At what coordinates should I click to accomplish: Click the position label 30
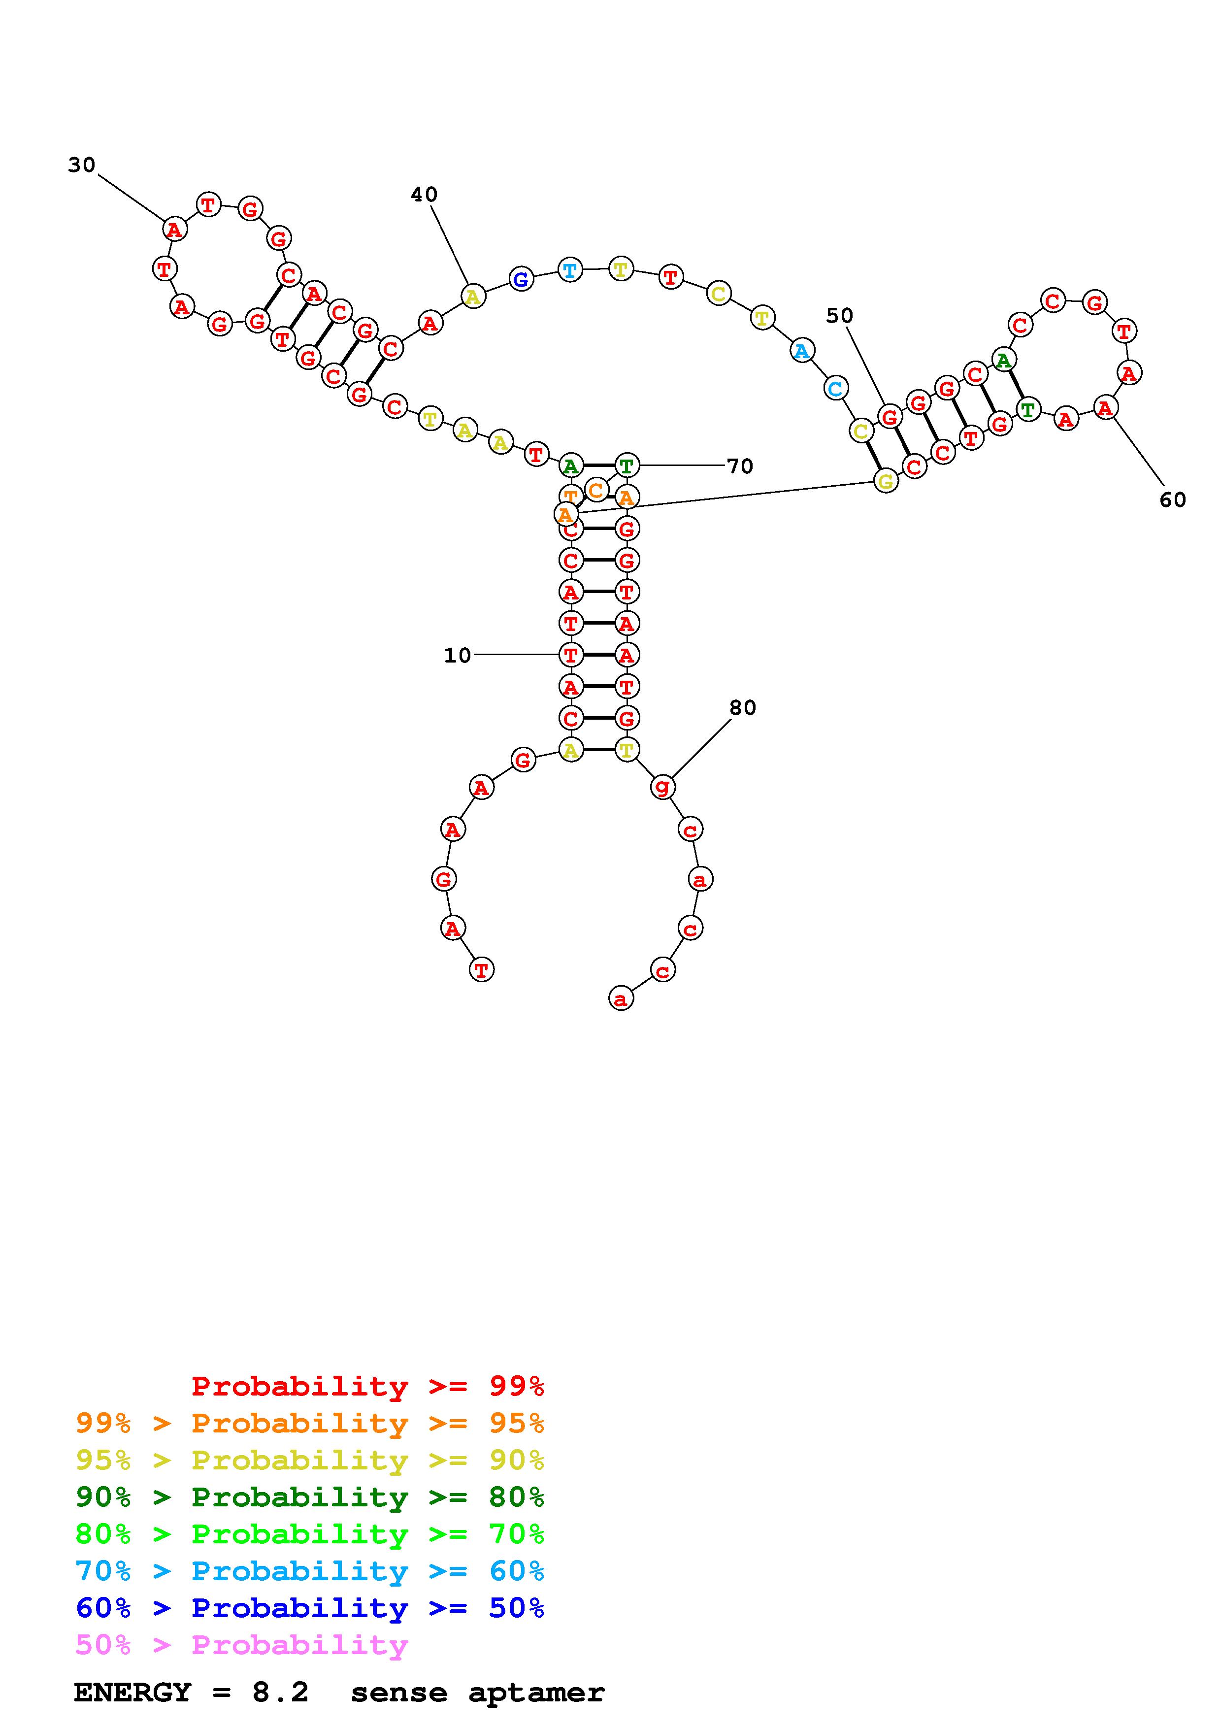point(81,165)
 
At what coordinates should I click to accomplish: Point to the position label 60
point(1172,500)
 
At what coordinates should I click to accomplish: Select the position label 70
point(739,466)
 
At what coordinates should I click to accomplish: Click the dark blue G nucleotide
point(521,280)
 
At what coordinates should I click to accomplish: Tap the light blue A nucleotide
point(802,351)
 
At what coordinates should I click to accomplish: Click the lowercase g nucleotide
point(662,787)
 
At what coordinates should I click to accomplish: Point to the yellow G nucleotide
point(886,481)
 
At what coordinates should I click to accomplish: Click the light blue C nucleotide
point(835,388)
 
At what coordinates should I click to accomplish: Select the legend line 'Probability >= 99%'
point(368,1386)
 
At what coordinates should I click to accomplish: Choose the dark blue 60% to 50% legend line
point(310,1608)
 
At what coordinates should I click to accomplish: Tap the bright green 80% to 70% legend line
point(310,1534)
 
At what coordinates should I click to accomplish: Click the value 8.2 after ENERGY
point(281,1692)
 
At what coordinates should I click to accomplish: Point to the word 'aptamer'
point(536,1693)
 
